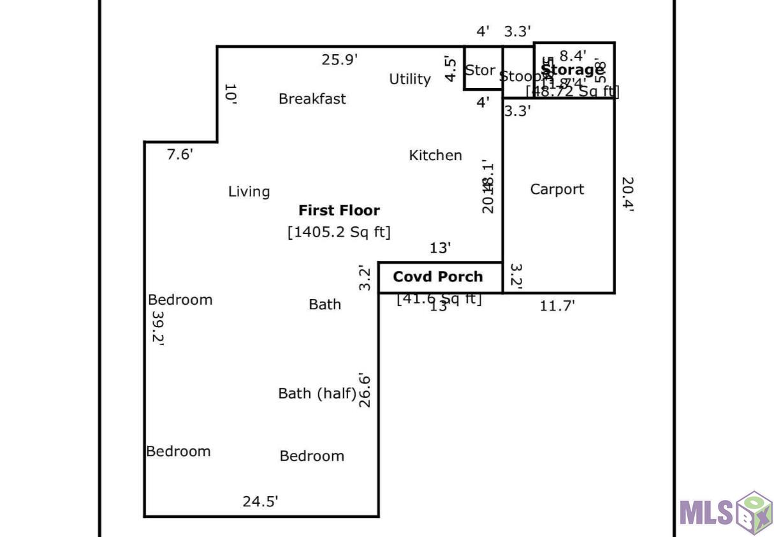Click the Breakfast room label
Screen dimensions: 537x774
(312, 99)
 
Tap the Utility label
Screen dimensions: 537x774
(410, 79)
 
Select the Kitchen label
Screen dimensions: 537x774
(435, 156)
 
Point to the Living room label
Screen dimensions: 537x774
(249, 192)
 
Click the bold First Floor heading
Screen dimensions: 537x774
(339, 210)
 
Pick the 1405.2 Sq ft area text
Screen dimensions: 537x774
(339, 232)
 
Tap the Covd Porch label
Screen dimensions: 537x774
(438, 277)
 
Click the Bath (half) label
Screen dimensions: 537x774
(317, 394)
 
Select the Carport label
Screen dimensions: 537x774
(557, 189)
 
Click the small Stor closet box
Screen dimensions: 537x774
(481, 70)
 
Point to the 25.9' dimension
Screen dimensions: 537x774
(340, 60)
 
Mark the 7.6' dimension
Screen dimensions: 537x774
(180, 154)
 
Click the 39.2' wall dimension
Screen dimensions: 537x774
(157, 328)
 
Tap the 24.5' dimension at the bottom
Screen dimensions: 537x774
(260, 502)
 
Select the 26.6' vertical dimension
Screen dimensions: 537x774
(365, 390)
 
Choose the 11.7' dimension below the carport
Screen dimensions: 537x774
(557, 306)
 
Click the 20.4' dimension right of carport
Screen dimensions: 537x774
(627, 194)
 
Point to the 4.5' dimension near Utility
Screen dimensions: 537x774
(451, 70)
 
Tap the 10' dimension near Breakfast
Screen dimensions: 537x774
(230, 94)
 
